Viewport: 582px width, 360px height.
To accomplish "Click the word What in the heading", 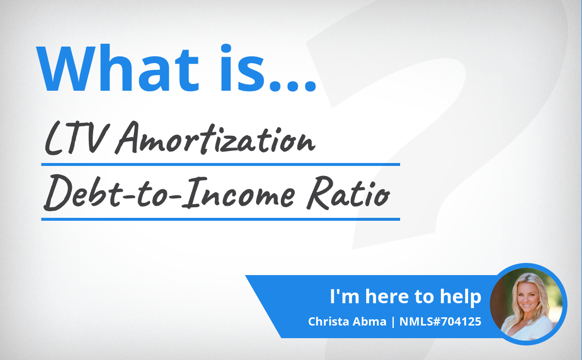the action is (x=117, y=68).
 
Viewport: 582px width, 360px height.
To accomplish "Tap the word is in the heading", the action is (x=242, y=68).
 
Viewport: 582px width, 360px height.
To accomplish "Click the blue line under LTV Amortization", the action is (x=221, y=164).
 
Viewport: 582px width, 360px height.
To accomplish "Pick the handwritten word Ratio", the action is (x=348, y=193).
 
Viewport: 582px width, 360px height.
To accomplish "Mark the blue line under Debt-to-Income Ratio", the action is (x=221, y=219).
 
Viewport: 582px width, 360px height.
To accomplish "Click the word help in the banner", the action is (x=460, y=296).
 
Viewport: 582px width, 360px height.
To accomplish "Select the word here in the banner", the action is (x=387, y=296).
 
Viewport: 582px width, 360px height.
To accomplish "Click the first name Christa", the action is (x=328, y=322).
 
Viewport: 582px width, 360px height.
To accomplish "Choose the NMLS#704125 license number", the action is (x=440, y=322).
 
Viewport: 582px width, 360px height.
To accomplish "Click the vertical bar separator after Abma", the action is (x=393, y=322).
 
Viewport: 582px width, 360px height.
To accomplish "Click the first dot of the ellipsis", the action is (x=275, y=85).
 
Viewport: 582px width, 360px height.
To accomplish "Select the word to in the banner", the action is (x=424, y=296).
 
